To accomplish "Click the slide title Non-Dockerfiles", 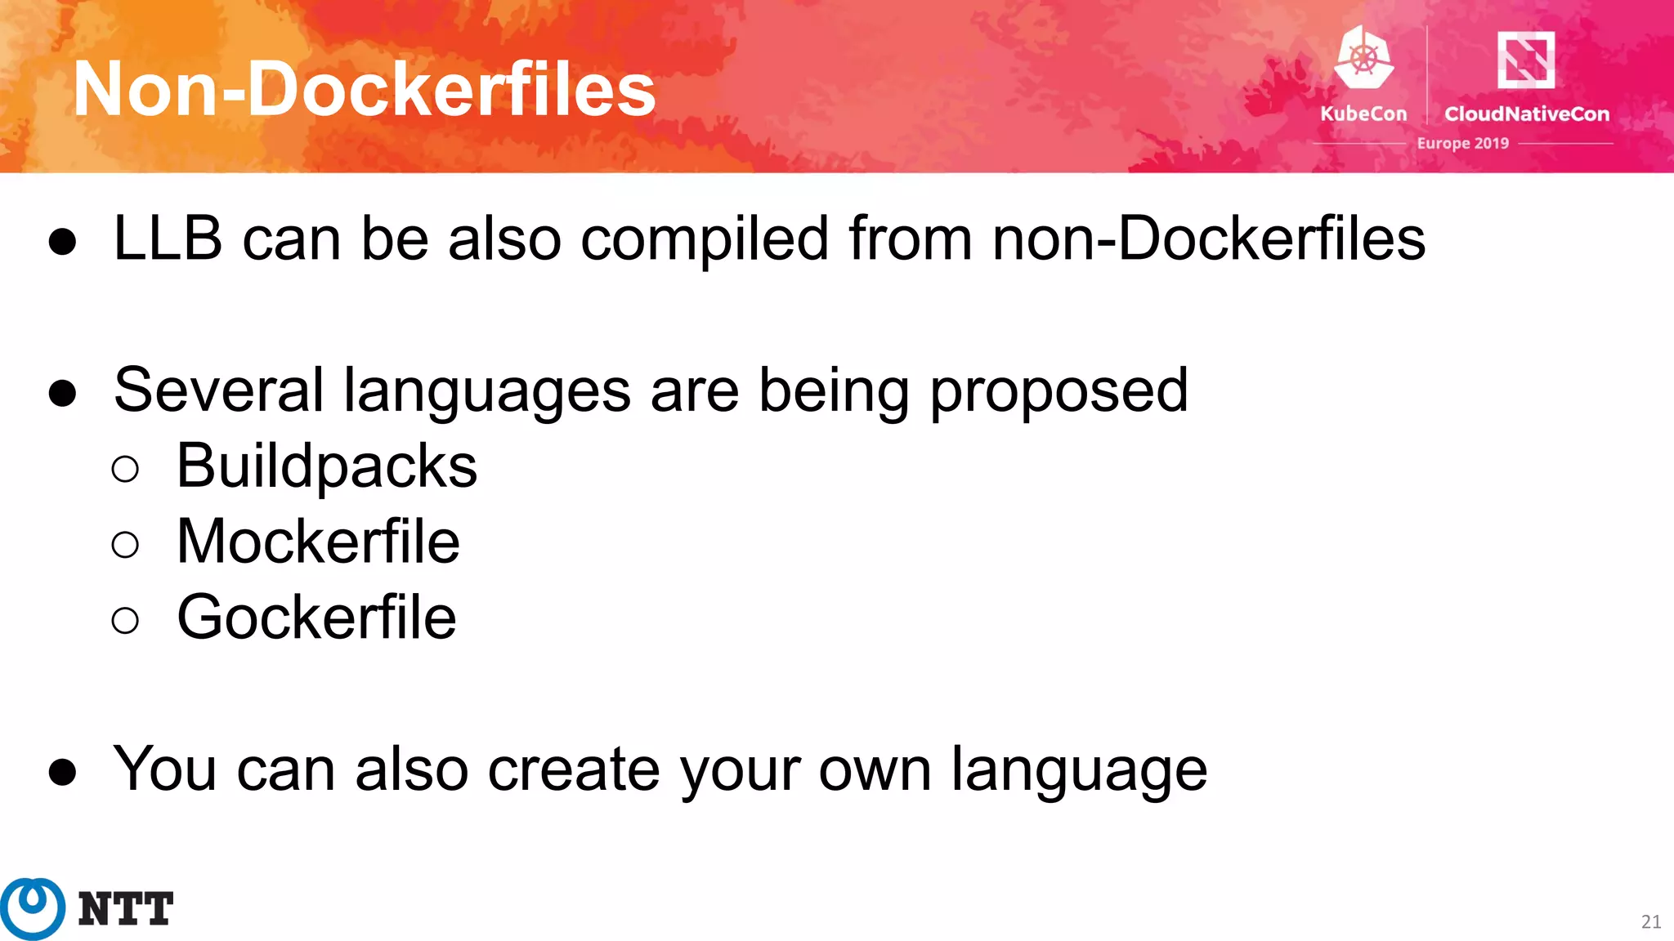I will [x=364, y=89].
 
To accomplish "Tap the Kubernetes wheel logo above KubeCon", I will [x=1363, y=57].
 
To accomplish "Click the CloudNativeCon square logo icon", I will [x=1525, y=59].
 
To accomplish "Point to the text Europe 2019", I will [x=1462, y=143].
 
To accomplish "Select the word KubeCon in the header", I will [x=1363, y=114].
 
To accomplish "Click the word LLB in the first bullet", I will [x=168, y=239].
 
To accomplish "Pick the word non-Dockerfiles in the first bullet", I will [x=1208, y=239].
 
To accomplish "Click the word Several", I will [x=218, y=390].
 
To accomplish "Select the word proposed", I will [x=1059, y=391].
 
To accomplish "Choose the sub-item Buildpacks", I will [x=326, y=466].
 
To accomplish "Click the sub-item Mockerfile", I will [x=318, y=542].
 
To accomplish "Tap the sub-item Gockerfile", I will [x=316, y=618].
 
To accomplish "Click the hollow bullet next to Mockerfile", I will [x=125, y=544].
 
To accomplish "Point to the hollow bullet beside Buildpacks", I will [x=125, y=469].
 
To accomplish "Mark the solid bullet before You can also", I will [x=63, y=772].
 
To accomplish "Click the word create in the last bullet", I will [x=573, y=769].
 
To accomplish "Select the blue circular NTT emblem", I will [x=33, y=908].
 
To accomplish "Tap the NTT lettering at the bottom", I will [x=126, y=909].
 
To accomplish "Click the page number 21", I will [x=1650, y=922].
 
